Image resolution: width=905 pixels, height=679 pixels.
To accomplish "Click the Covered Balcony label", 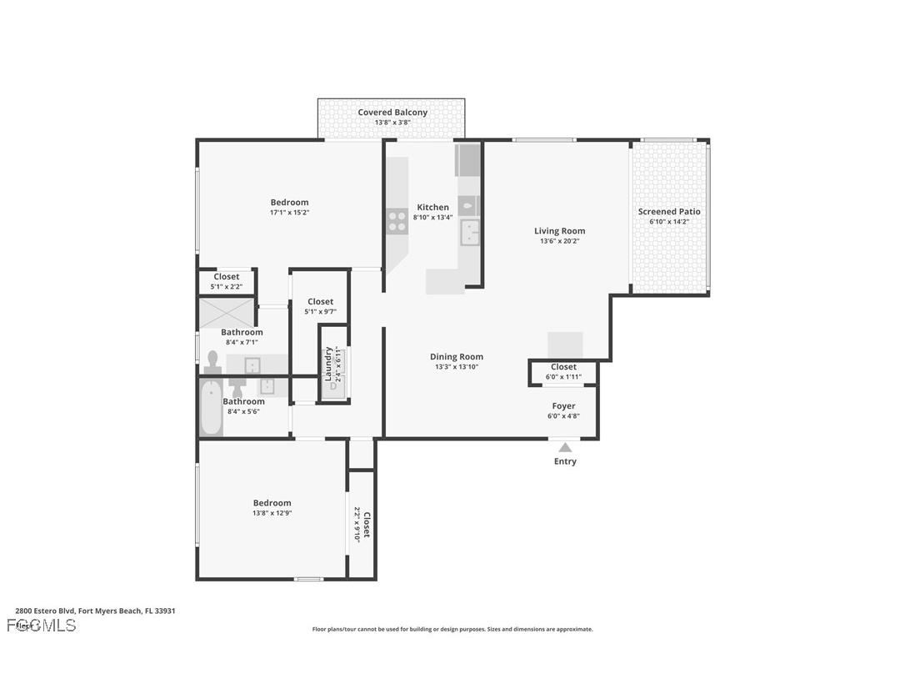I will click(392, 113).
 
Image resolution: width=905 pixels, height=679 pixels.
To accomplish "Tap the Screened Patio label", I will click(669, 212).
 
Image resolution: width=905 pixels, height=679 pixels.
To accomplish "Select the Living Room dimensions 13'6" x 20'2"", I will click(559, 242).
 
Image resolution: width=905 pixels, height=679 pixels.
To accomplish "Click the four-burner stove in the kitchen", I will click(397, 221).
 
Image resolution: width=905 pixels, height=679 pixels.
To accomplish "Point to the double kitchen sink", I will click(470, 231).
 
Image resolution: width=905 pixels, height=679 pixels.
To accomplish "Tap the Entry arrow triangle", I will click(565, 447).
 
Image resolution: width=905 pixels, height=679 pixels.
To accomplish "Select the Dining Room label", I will click(457, 357).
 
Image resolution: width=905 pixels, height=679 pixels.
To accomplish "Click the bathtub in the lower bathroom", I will click(211, 407).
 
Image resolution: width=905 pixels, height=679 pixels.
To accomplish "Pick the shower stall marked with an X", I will click(227, 312).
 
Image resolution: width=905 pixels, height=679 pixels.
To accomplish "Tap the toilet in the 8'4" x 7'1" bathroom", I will click(212, 361).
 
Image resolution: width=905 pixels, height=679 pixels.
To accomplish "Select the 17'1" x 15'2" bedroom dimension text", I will click(289, 213).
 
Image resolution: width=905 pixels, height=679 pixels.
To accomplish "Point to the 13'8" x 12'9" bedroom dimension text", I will click(272, 513).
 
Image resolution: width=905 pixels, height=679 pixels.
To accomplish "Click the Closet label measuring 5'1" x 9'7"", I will click(320, 302).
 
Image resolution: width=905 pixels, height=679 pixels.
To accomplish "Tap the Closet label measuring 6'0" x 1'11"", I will click(563, 367).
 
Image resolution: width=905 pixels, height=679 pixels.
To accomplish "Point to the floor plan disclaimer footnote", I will click(452, 630).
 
